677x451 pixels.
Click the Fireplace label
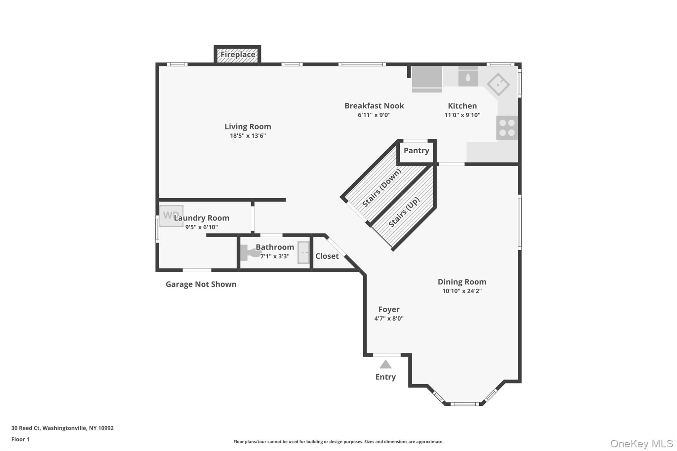point(238,55)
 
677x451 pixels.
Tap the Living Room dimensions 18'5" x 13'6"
point(248,136)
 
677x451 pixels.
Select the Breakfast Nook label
point(374,106)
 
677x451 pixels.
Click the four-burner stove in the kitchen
point(507,128)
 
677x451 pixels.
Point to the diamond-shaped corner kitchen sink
point(498,84)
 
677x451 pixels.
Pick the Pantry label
point(416,151)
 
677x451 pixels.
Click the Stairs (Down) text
point(381,188)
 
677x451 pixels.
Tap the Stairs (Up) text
point(404,212)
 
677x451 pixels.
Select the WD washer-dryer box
point(171,216)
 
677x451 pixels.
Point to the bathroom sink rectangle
point(303,252)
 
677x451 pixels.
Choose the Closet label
point(327,256)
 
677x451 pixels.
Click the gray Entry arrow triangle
point(385,364)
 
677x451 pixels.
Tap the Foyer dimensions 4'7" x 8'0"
point(389,319)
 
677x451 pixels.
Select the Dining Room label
point(462,282)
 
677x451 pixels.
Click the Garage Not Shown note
point(201,284)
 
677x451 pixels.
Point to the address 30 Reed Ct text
point(62,428)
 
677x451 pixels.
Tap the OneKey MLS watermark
point(641,443)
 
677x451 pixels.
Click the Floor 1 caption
point(20,439)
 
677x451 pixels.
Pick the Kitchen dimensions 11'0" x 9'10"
point(462,115)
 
